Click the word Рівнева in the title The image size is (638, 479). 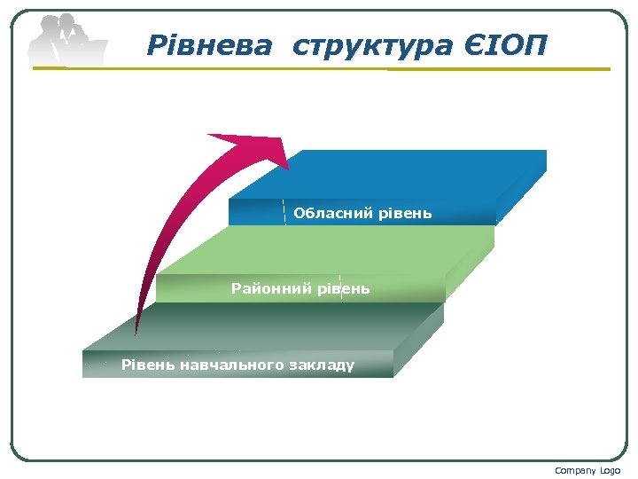coord(209,44)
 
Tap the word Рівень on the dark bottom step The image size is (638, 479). coord(147,365)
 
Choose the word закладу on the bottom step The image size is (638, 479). coord(322,365)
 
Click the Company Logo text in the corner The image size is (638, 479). coord(587,470)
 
